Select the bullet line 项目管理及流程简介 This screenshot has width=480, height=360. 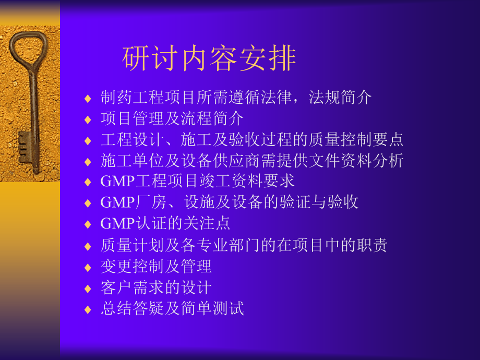[x=172, y=118]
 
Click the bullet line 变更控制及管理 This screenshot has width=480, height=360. [x=156, y=266]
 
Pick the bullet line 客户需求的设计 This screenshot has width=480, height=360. [x=156, y=287]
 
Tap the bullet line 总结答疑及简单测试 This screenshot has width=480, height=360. [x=172, y=308]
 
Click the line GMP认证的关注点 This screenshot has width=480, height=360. [x=165, y=223]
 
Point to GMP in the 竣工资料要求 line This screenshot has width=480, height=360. [x=117, y=181]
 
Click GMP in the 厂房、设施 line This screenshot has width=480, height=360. [x=117, y=202]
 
